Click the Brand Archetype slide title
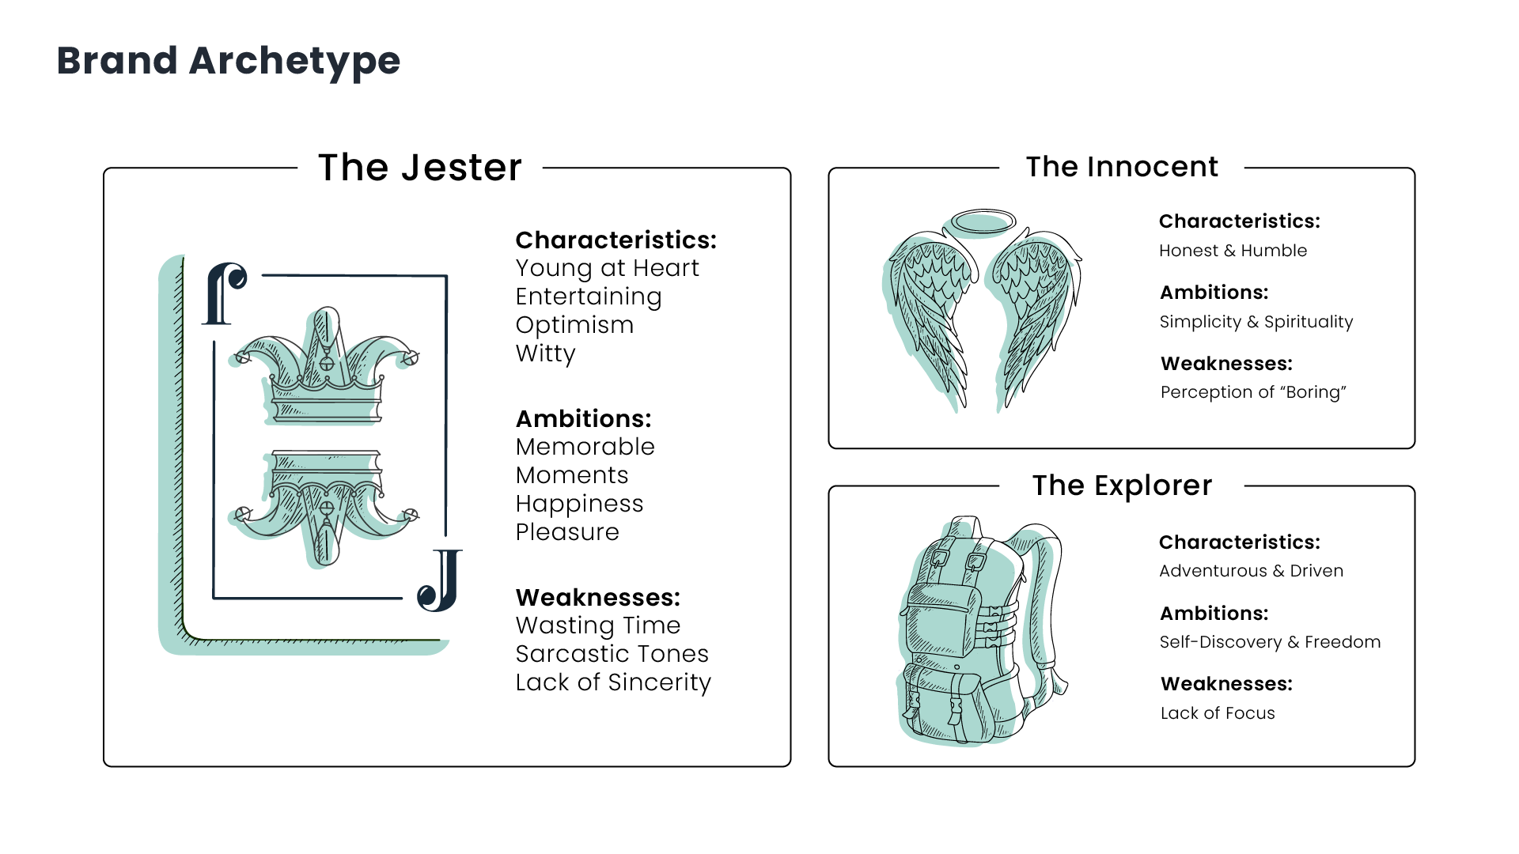tap(229, 61)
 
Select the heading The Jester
tap(420, 168)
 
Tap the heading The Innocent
tap(1122, 167)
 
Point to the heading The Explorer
tap(1122, 486)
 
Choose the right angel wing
tap(1036, 316)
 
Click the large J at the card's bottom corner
tap(440, 580)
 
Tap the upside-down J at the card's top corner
tap(225, 293)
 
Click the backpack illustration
tap(983, 631)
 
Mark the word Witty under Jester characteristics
tap(546, 353)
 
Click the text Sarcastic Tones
tap(612, 654)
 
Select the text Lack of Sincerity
tap(614, 682)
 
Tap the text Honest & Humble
tap(1233, 251)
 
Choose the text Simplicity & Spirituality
tap(1256, 322)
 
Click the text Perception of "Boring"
tap(1253, 392)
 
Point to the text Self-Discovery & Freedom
tap(1271, 642)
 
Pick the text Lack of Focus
tap(1218, 713)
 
